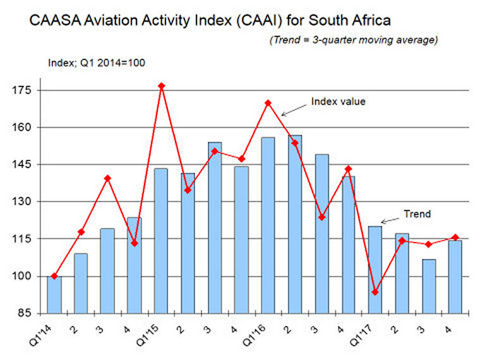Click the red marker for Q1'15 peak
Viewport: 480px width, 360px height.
pyautogui.click(x=162, y=85)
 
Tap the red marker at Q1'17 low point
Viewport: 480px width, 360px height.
pyautogui.click(x=376, y=292)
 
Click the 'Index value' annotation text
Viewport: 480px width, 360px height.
pyautogui.click(x=338, y=101)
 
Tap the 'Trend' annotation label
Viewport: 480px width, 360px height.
pyautogui.click(x=417, y=214)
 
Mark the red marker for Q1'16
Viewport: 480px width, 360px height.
pyautogui.click(x=268, y=102)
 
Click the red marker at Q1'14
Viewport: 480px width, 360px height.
pyautogui.click(x=54, y=276)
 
